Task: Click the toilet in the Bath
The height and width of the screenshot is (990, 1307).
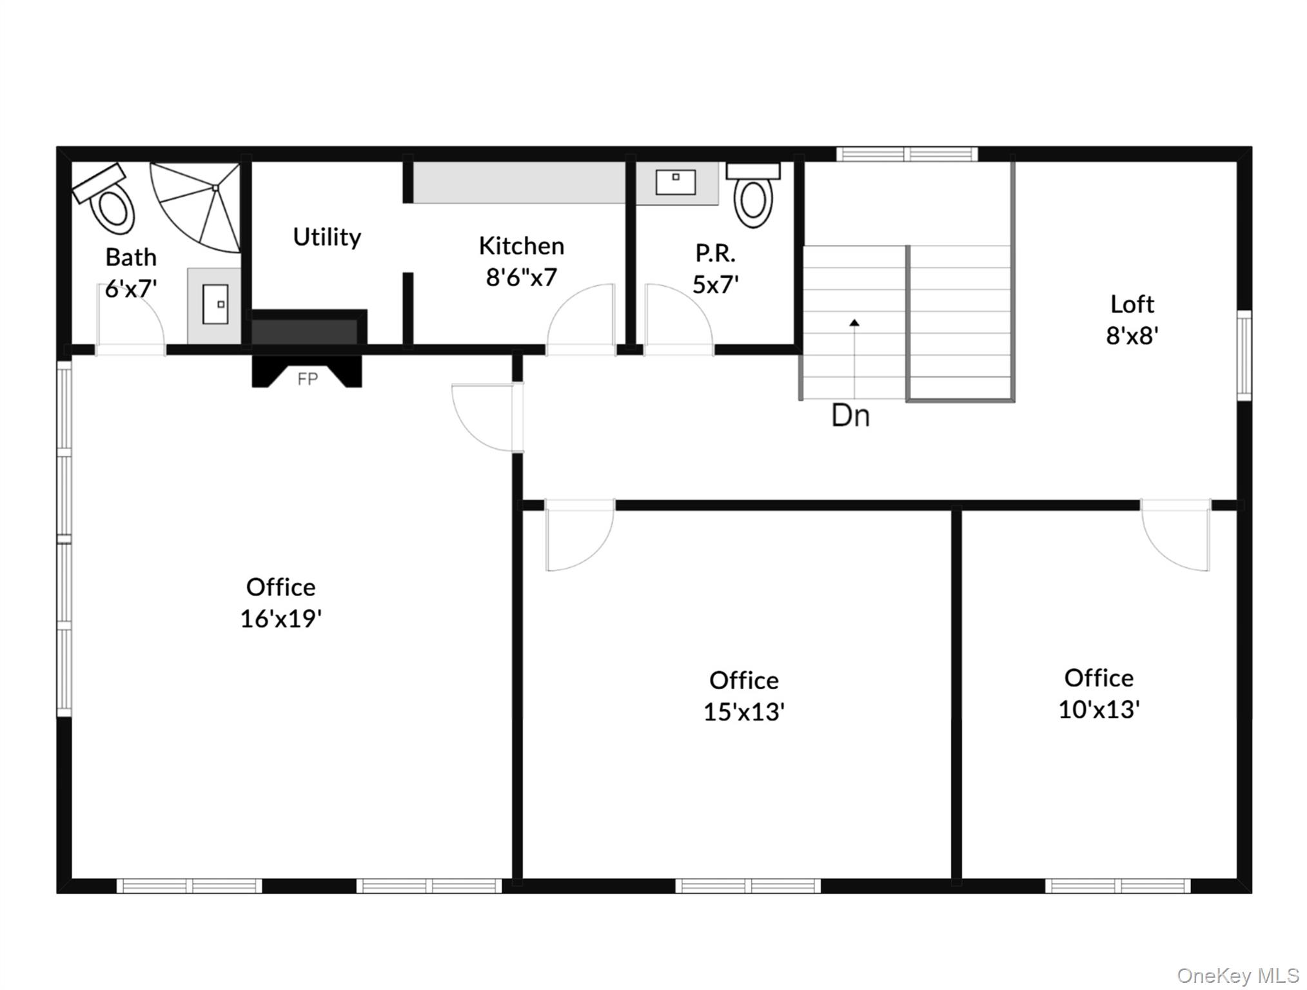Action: [106, 199]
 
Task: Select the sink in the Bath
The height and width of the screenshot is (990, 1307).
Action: [215, 305]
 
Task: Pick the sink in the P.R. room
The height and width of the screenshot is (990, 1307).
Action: [676, 183]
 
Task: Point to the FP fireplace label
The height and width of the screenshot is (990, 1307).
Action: [308, 379]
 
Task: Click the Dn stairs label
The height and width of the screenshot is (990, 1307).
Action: [850, 416]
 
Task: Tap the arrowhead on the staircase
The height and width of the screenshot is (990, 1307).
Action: [854, 322]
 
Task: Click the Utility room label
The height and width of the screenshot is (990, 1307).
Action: [327, 237]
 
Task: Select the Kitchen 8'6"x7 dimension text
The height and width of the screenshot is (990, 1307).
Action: [521, 278]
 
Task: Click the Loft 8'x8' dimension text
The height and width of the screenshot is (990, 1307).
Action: [1132, 336]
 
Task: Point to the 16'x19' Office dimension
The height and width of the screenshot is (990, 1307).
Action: [281, 619]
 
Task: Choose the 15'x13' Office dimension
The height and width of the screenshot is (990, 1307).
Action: [743, 712]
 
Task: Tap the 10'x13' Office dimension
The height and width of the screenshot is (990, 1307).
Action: [1099, 710]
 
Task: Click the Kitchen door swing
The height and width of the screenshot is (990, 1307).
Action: [580, 319]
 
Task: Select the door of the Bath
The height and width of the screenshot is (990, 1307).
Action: [130, 319]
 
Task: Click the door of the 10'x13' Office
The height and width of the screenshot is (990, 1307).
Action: [1175, 535]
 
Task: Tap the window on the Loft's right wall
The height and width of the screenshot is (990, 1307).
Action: [1244, 355]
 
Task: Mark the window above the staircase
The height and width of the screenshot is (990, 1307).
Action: [907, 154]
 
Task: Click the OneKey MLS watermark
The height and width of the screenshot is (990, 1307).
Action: [1237, 975]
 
